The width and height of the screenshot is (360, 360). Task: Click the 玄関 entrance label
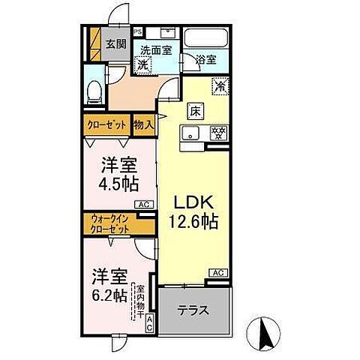pyautogui.click(x=115, y=43)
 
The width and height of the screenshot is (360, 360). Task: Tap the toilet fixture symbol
pyautogui.click(x=93, y=91)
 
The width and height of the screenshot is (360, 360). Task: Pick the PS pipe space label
pyautogui.click(x=138, y=32)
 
